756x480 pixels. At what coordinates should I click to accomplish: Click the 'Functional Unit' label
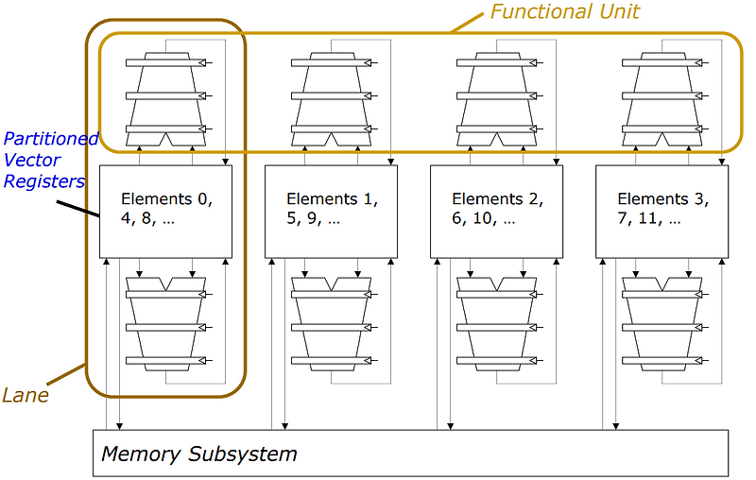[x=564, y=12]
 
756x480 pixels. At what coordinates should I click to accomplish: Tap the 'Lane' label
[x=26, y=395]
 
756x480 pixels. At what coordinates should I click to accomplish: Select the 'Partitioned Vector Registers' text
[x=49, y=160]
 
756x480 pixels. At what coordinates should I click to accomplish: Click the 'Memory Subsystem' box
[x=410, y=454]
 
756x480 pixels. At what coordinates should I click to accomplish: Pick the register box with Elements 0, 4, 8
[x=165, y=211]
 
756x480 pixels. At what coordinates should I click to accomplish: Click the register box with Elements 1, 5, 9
[x=331, y=211]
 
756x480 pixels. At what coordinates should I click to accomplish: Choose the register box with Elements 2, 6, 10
[x=496, y=211]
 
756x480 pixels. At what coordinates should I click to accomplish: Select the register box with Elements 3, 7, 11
[x=661, y=211]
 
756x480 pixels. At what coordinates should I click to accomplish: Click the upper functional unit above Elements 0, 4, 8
[x=165, y=94]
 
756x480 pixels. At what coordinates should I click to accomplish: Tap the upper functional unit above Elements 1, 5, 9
[x=331, y=94]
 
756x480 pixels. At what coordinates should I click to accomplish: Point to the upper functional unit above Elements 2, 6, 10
[x=496, y=94]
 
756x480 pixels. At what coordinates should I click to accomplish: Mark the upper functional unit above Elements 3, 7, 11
[x=661, y=94]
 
